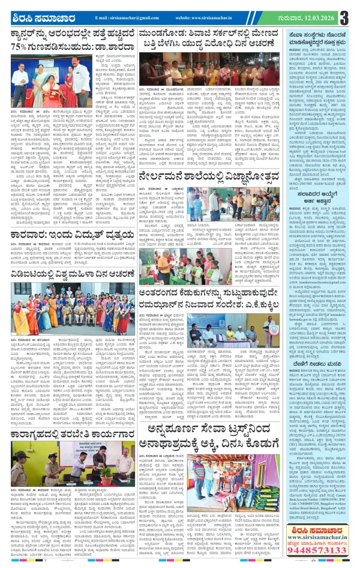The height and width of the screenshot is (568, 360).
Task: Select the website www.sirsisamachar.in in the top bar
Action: [209, 19]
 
